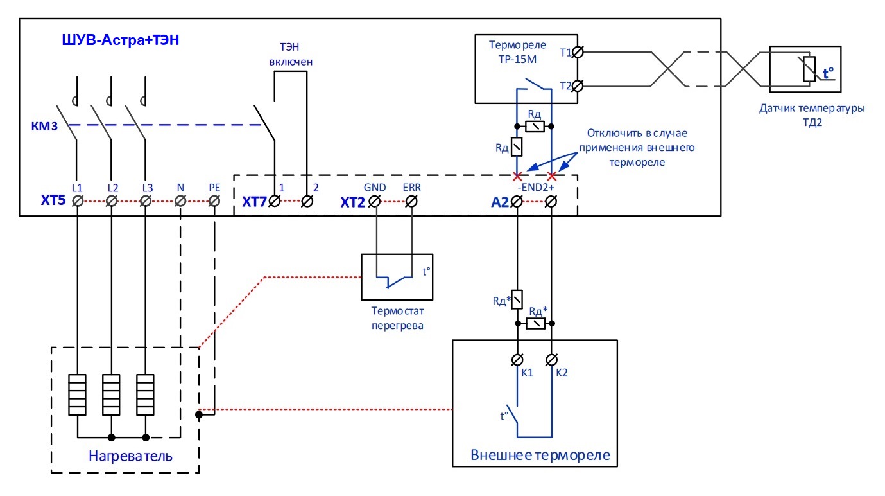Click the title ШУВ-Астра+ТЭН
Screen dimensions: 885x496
(121, 40)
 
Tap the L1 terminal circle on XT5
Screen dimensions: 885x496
(78, 201)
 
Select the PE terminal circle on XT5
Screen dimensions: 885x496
(214, 201)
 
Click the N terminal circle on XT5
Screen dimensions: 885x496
(180, 201)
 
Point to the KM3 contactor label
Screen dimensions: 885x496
(44, 127)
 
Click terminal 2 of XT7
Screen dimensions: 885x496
(307, 201)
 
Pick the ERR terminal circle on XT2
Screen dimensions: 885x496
(411, 202)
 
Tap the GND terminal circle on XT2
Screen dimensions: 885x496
(375, 202)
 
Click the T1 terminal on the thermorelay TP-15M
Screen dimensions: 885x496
(578, 52)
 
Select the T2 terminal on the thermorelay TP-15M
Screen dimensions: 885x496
(578, 86)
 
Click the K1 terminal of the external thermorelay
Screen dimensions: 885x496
(517, 360)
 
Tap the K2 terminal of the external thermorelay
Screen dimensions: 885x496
(551, 360)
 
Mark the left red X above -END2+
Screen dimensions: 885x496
(517, 176)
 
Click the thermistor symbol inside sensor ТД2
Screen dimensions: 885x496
(809, 69)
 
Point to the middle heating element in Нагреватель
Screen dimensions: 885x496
(112, 394)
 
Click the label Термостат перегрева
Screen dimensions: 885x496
(397, 318)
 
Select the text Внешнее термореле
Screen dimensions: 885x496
(540, 456)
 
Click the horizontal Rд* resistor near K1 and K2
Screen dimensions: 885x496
(536, 324)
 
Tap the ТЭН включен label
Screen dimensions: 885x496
(291, 54)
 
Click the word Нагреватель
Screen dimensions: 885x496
(130, 456)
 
